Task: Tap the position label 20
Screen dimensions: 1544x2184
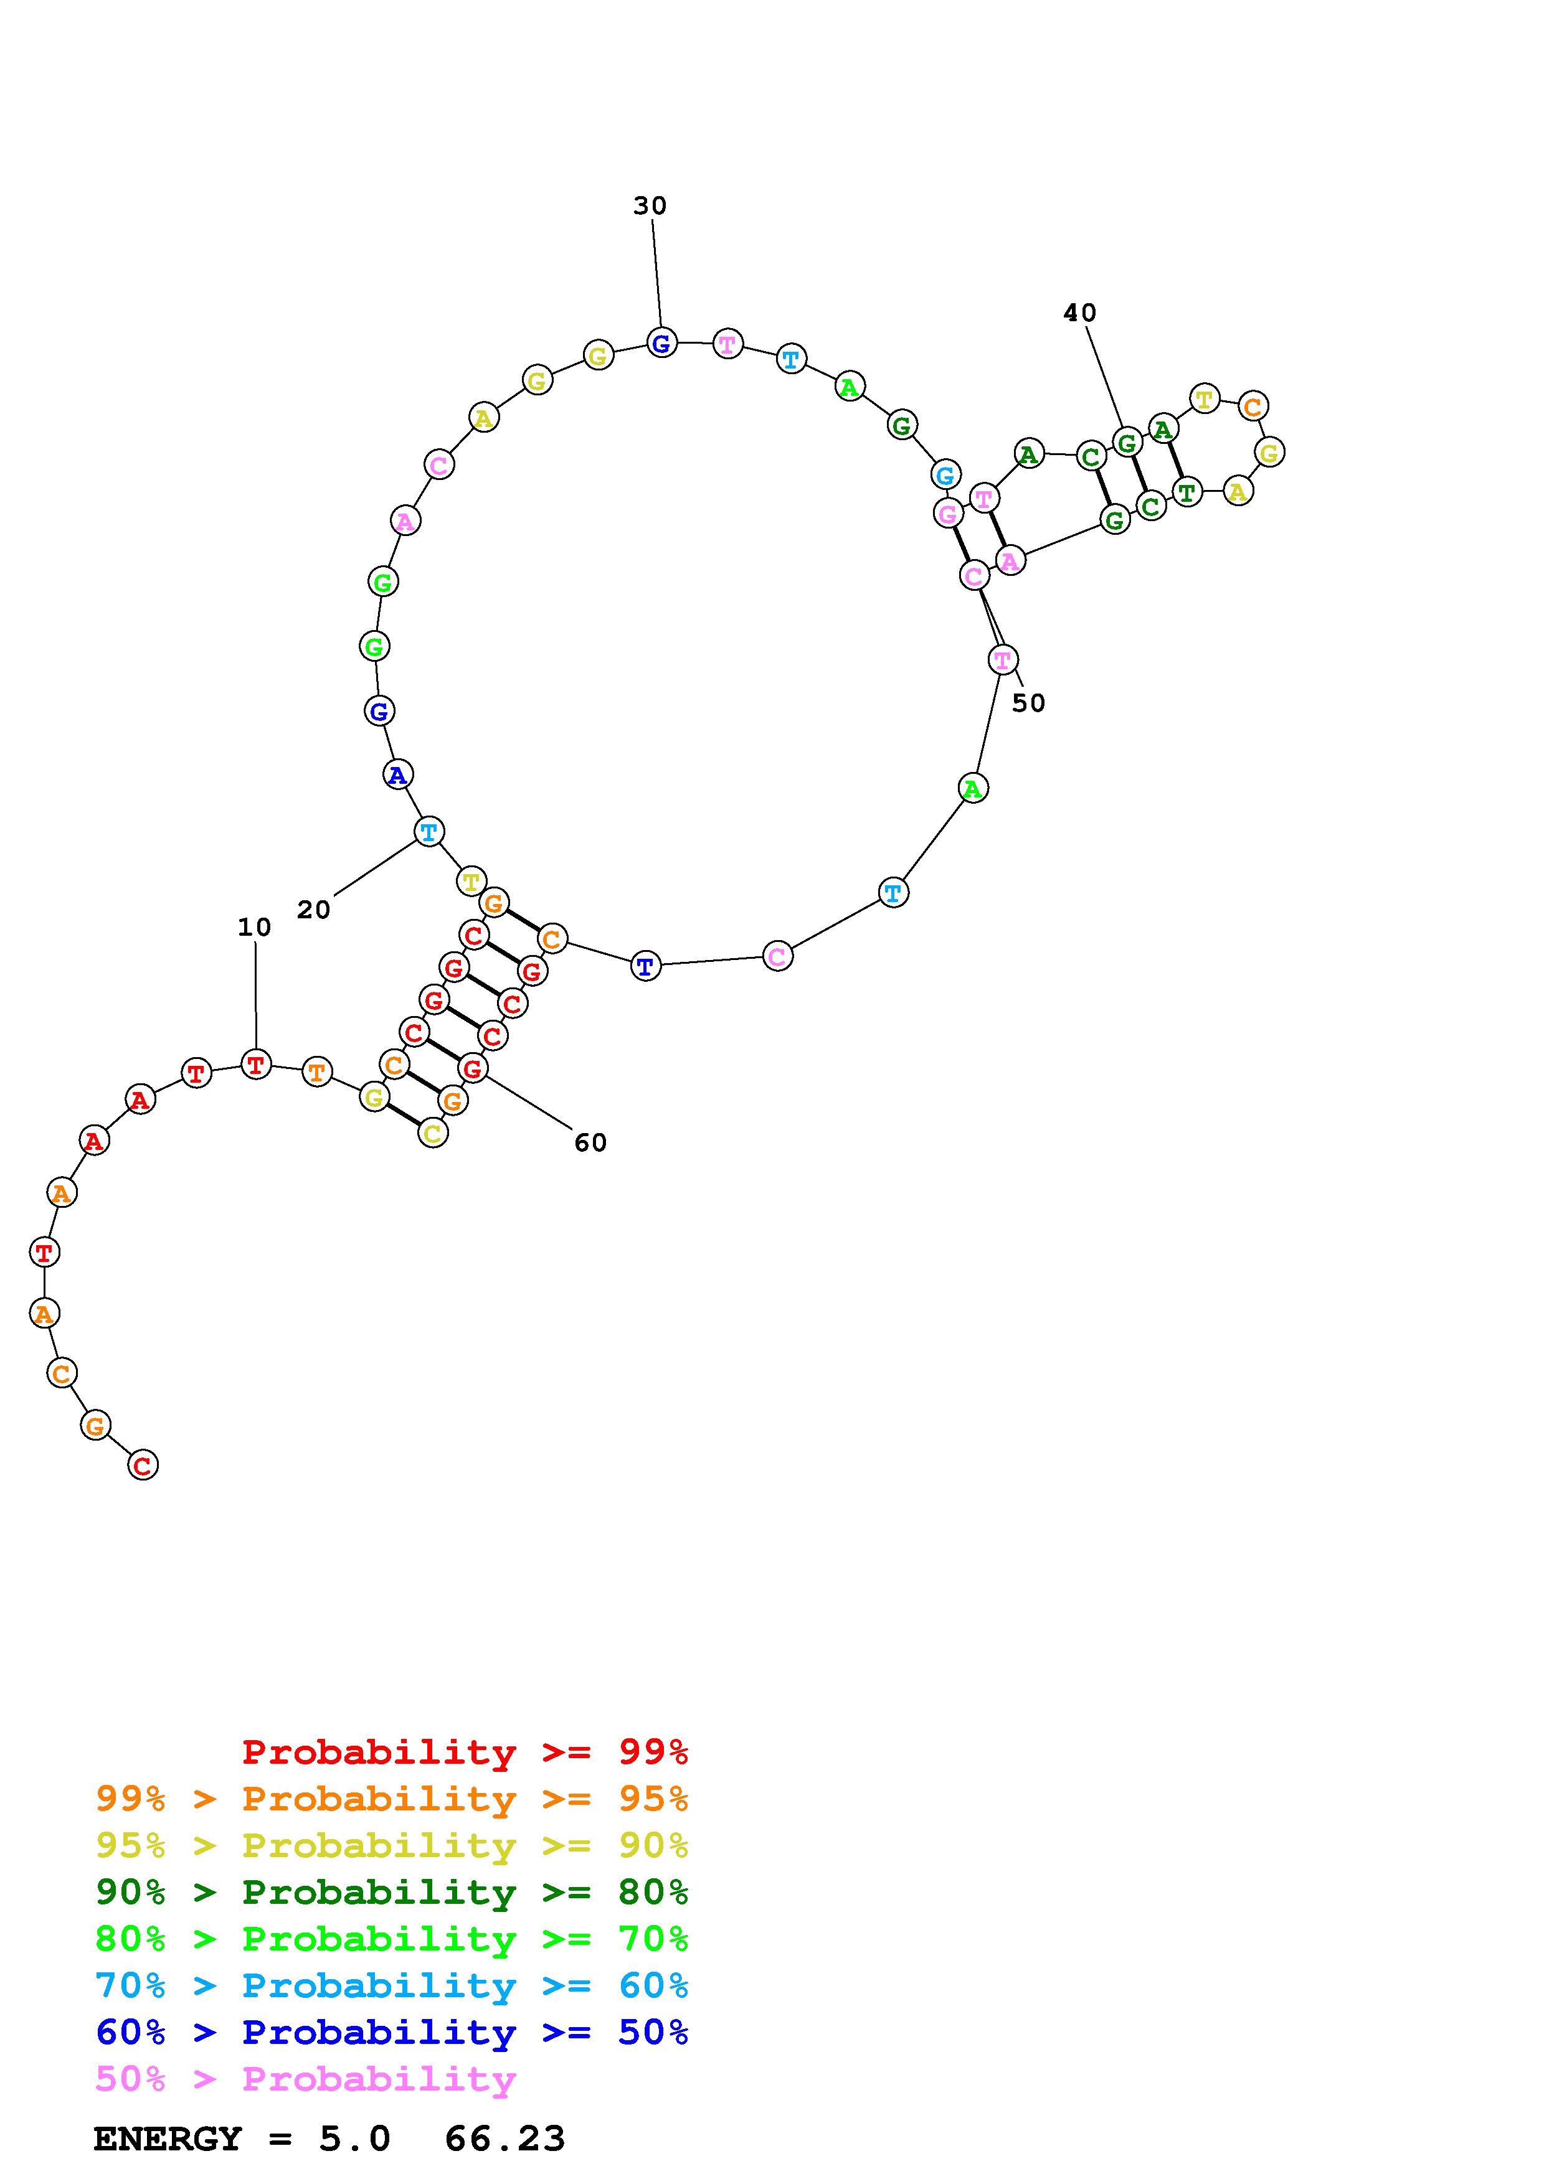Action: tap(313, 910)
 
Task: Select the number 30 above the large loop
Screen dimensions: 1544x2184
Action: tap(650, 205)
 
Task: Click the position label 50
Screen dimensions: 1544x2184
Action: tap(1028, 703)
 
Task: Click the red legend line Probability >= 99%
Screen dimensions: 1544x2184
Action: tap(465, 1752)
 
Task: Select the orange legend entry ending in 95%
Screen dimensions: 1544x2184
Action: tap(392, 1799)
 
